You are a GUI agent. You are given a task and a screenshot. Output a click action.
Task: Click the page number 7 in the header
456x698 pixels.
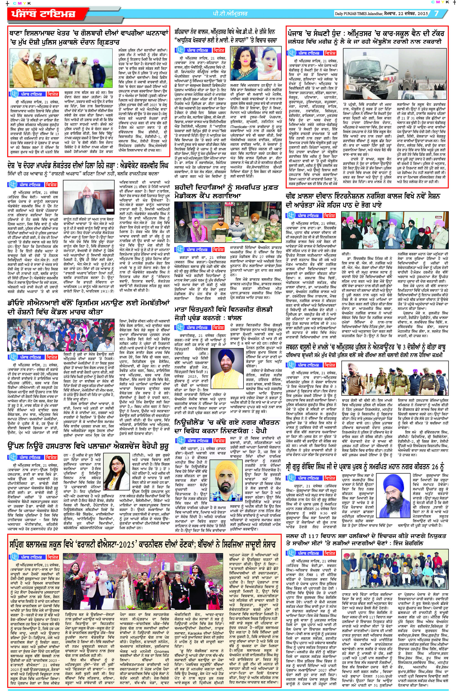[436, 14]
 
